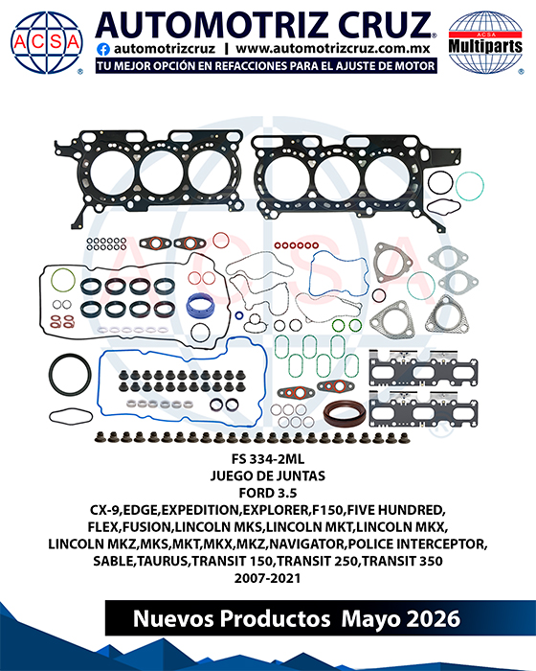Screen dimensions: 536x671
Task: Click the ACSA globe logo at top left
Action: tap(47, 42)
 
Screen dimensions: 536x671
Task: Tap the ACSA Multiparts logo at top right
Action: tap(485, 42)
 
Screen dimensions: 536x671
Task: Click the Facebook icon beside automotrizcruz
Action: tap(103, 49)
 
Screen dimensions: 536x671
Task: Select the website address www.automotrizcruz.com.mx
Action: tap(332, 49)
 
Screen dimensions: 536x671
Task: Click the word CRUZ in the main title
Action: tap(385, 25)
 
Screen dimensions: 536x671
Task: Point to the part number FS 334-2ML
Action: tap(268, 459)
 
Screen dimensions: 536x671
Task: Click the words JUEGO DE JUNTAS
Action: tap(268, 475)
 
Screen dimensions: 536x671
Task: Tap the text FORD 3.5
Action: tap(268, 493)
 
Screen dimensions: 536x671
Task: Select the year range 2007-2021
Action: tap(268, 578)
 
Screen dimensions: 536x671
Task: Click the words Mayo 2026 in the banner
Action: tap(400, 619)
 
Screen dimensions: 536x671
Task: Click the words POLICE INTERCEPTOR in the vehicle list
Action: tap(417, 544)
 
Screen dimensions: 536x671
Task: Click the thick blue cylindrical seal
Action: tap(200, 306)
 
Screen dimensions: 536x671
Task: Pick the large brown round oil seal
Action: tap(345, 413)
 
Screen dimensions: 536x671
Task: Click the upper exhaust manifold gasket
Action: tap(423, 369)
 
